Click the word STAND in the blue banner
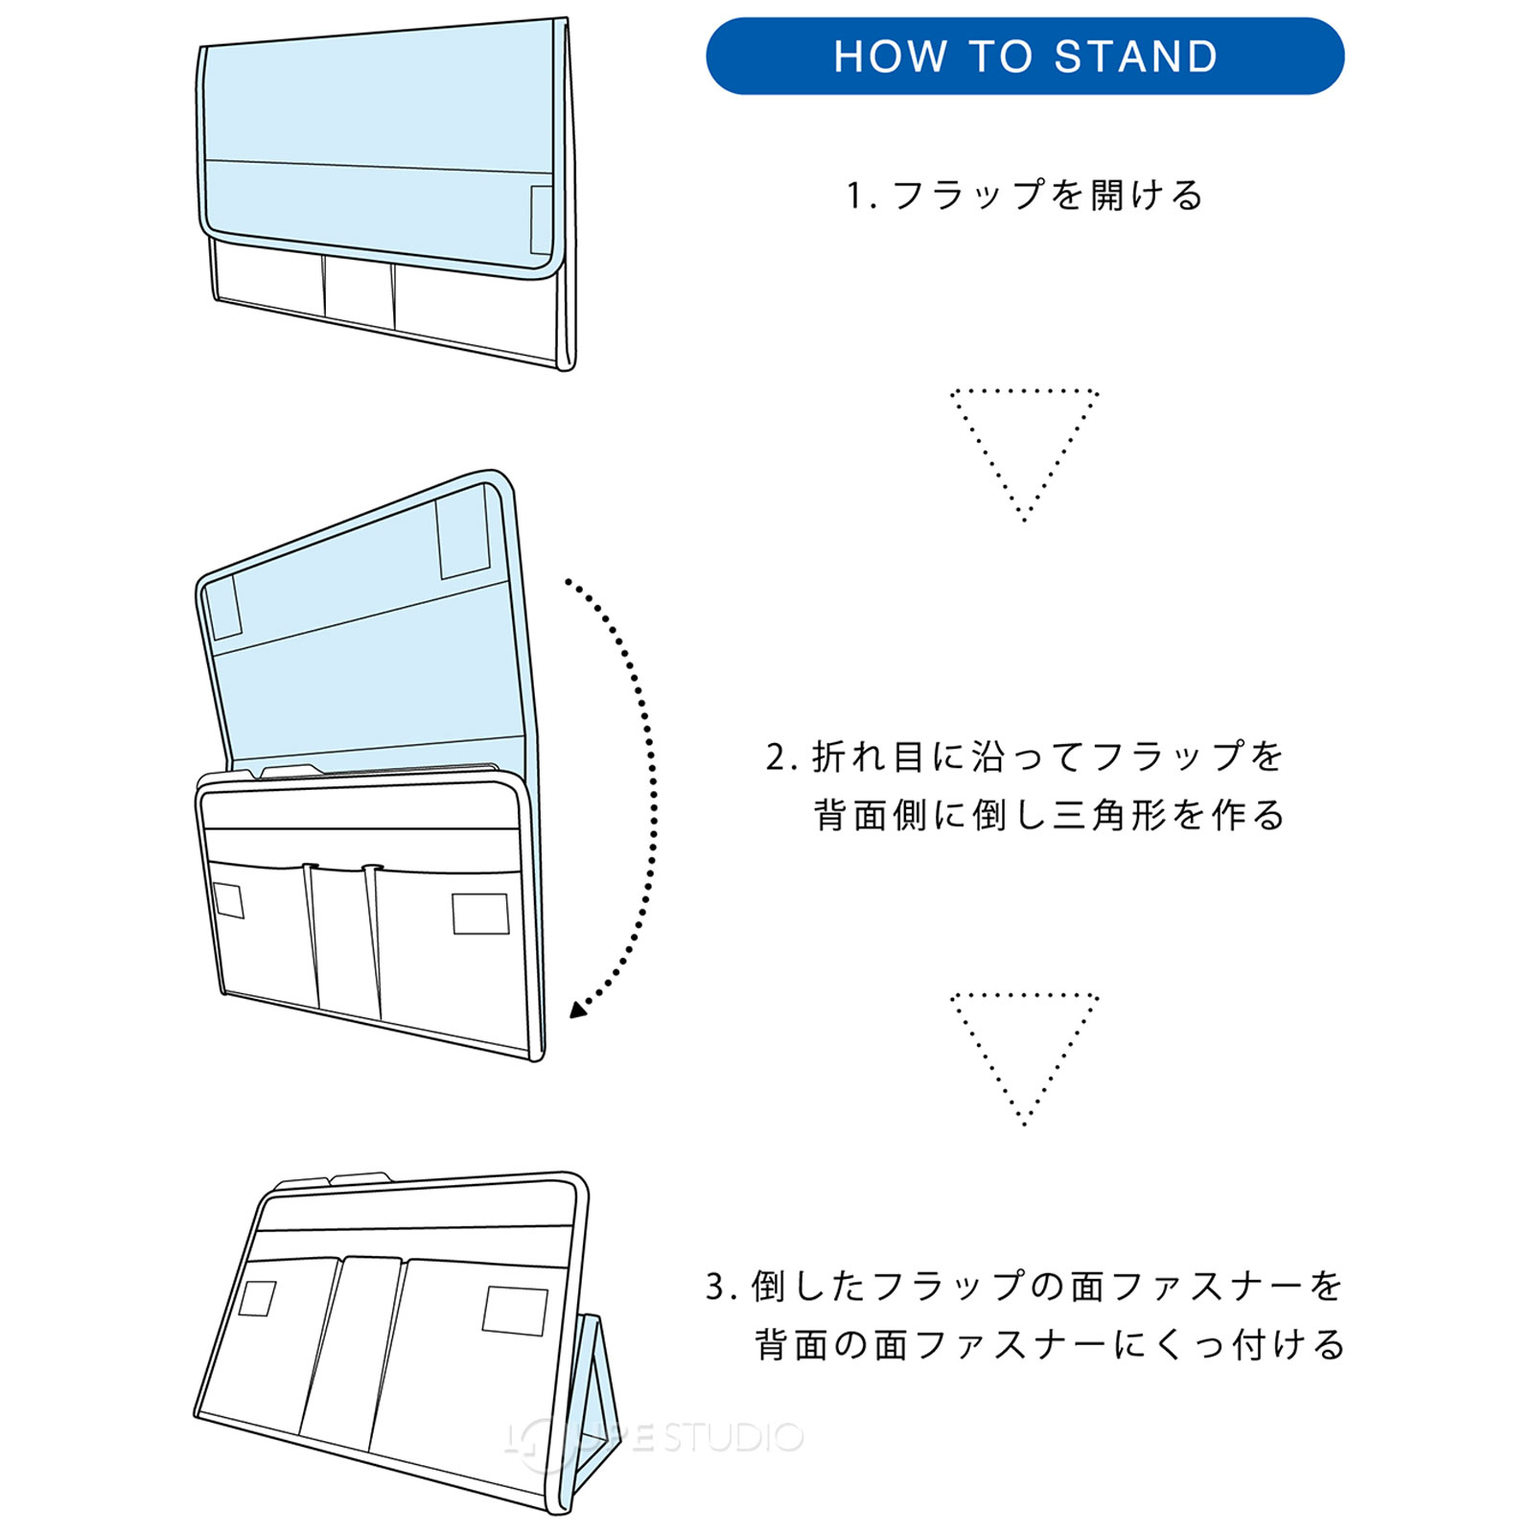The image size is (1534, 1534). (x=1136, y=57)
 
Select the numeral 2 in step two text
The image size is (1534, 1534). (x=776, y=757)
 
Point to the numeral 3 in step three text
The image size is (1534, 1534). (x=716, y=1287)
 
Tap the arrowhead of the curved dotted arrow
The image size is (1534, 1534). (x=578, y=1009)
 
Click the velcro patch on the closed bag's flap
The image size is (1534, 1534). (x=542, y=220)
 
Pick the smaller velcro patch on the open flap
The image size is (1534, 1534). (x=224, y=608)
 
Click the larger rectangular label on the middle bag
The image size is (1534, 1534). (x=480, y=913)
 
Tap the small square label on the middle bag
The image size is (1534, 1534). (x=228, y=900)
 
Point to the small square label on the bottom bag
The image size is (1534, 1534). (x=257, y=1298)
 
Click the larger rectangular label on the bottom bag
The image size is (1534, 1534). (x=515, y=1311)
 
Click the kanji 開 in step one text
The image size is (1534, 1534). (x=1106, y=196)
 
